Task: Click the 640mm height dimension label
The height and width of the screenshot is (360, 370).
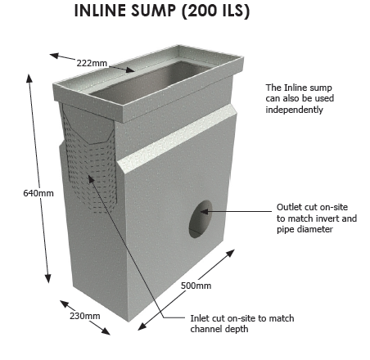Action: (x=38, y=193)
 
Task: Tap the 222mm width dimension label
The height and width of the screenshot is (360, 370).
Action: (x=92, y=63)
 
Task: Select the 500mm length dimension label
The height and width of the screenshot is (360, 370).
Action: (x=196, y=286)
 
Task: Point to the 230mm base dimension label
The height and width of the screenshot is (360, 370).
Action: (x=85, y=316)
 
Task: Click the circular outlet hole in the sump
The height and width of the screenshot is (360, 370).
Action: (x=201, y=219)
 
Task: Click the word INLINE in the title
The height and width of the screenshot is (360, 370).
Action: (x=101, y=11)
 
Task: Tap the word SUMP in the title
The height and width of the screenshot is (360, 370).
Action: (x=153, y=11)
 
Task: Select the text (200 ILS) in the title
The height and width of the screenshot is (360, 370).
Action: (x=215, y=11)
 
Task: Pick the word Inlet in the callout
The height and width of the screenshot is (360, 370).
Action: (x=200, y=318)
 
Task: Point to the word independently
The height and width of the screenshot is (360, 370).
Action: (x=295, y=110)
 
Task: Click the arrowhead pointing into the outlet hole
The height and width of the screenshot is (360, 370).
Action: (x=205, y=211)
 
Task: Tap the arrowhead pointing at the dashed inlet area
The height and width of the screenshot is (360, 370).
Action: (x=91, y=178)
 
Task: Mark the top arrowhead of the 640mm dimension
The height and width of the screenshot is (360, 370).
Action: (x=29, y=78)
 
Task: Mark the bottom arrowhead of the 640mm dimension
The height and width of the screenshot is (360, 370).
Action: (x=48, y=278)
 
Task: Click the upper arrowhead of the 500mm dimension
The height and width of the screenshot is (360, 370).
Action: (x=231, y=253)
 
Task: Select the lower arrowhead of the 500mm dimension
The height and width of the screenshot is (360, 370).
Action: (x=142, y=326)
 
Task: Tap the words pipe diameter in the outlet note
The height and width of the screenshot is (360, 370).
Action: (x=305, y=229)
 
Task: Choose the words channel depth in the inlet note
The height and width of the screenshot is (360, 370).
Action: (x=219, y=329)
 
